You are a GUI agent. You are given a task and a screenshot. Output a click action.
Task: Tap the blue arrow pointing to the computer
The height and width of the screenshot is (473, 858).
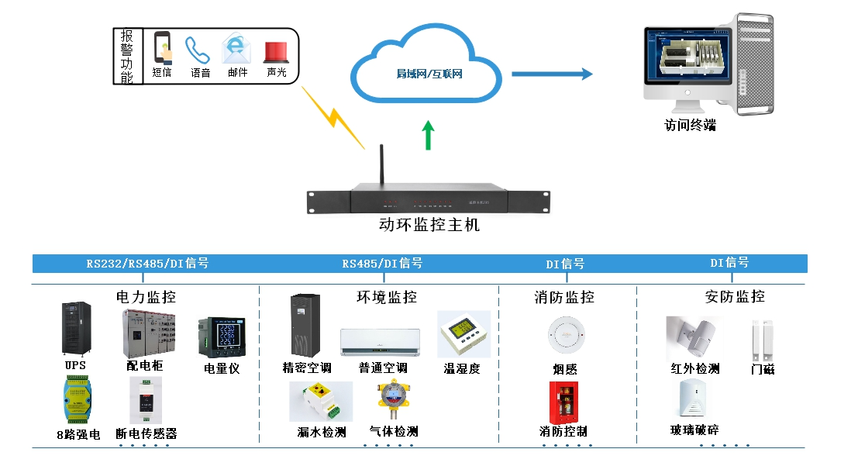551,74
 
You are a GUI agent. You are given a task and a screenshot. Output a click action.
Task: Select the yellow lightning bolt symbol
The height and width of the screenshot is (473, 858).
333,117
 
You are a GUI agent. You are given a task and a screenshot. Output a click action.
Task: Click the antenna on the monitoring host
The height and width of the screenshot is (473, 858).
381,166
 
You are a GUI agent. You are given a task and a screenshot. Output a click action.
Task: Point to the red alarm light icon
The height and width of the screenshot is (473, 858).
276,51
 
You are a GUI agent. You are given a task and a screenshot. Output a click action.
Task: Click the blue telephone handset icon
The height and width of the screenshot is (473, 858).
198,50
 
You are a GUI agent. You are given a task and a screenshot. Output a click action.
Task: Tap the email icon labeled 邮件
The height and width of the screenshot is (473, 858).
236,49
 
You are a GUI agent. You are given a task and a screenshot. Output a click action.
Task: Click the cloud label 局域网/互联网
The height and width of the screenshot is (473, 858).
429,74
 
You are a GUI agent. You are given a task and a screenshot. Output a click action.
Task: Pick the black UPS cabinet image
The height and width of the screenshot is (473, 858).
75,330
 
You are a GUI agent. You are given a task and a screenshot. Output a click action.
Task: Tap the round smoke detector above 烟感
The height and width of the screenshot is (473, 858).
563,336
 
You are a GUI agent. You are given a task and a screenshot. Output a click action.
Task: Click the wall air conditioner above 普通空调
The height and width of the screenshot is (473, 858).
380,341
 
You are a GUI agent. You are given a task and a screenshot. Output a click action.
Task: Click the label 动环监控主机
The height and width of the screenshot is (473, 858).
429,226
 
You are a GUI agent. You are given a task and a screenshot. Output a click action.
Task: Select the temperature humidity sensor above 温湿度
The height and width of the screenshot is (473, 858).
463,334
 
